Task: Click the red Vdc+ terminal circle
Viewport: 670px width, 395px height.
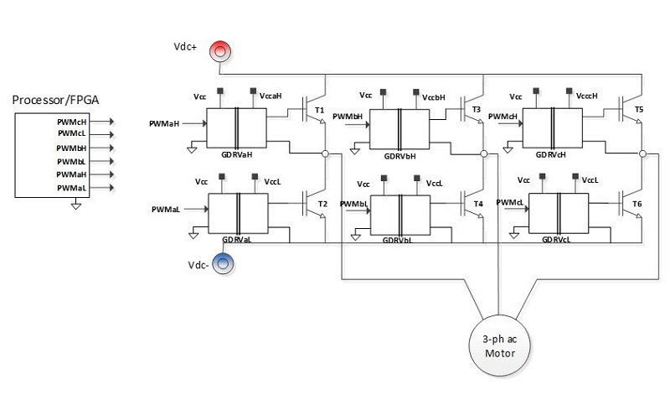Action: pos(219,51)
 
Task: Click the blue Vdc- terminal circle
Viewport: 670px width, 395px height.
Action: pos(224,264)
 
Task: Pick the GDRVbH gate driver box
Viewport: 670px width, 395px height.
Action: pos(399,130)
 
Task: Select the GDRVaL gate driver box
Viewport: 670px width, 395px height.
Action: pos(237,212)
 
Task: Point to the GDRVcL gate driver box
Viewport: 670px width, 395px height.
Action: pos(560,214)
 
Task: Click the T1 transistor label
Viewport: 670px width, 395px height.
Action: pos(319,110)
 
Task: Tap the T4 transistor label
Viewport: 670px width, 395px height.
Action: pos(478,204)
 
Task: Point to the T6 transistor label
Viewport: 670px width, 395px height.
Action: pos(637,204)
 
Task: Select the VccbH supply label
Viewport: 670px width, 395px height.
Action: pos(434,97)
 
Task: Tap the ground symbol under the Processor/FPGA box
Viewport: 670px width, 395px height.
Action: pos(76,204)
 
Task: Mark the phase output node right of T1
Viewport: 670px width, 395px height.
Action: pos(324,154)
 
